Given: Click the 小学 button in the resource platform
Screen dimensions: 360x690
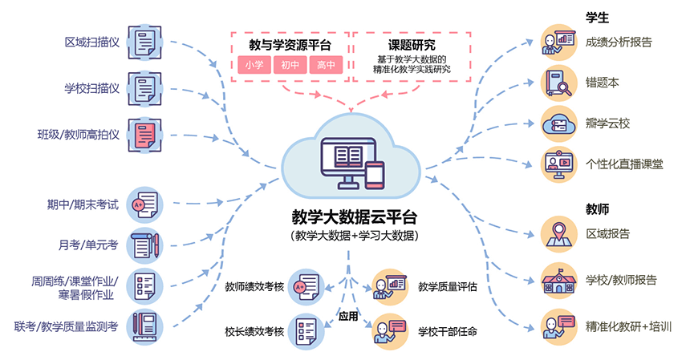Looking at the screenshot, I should [x=254, y=65].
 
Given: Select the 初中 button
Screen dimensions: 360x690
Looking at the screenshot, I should [x=290, y=65].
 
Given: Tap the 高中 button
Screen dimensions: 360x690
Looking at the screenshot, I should [x=326, y=65].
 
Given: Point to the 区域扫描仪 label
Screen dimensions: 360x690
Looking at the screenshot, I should [x=92, y=42].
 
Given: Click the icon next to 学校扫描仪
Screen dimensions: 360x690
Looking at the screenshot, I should [x=145, y=88].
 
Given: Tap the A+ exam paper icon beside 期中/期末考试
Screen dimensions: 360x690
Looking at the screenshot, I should [x=145, y=204].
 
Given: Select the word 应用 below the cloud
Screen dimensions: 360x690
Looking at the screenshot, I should [x=347, y=315].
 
